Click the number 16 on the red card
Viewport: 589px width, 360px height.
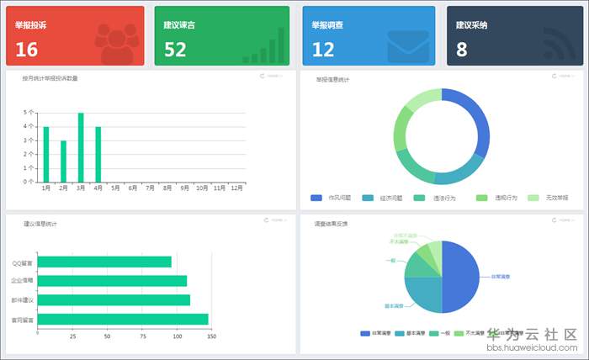27,50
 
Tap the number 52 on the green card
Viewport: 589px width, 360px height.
175,50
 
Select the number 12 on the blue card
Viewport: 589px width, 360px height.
323,50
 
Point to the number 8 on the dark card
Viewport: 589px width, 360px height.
462,50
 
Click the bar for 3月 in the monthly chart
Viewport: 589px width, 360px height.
81,147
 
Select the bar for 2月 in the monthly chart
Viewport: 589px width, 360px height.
63,161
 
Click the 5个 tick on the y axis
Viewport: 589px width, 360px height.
29,112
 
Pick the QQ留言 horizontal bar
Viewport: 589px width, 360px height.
105,262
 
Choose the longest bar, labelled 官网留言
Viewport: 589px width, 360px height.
123,320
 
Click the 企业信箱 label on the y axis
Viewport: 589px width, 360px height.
23,281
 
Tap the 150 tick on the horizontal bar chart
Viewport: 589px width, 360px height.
212,336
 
